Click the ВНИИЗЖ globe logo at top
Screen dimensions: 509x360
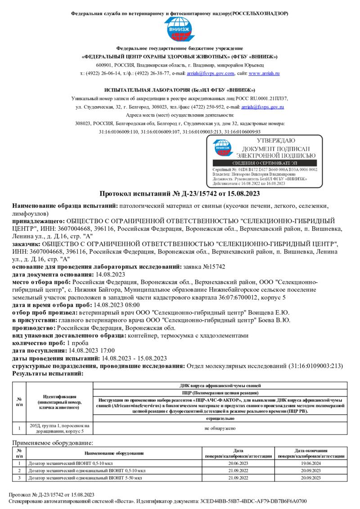point(180,30)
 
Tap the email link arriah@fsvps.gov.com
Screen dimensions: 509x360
point(218,73)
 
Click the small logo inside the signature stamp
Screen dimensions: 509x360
point(222,147)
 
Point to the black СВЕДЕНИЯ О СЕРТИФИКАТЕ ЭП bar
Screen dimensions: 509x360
point(264,163)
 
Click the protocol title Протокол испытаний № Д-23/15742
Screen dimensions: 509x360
point(180,194)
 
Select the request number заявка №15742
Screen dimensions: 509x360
point(204,267)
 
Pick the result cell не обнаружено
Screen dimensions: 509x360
point(220,428)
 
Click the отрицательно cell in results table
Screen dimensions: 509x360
point(220,419)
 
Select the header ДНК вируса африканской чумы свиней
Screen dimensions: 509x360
point(220,385)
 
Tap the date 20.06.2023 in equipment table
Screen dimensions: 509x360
point(238,463)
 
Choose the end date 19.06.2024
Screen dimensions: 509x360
point(311,463)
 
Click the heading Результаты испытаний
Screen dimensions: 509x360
point(47,373)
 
